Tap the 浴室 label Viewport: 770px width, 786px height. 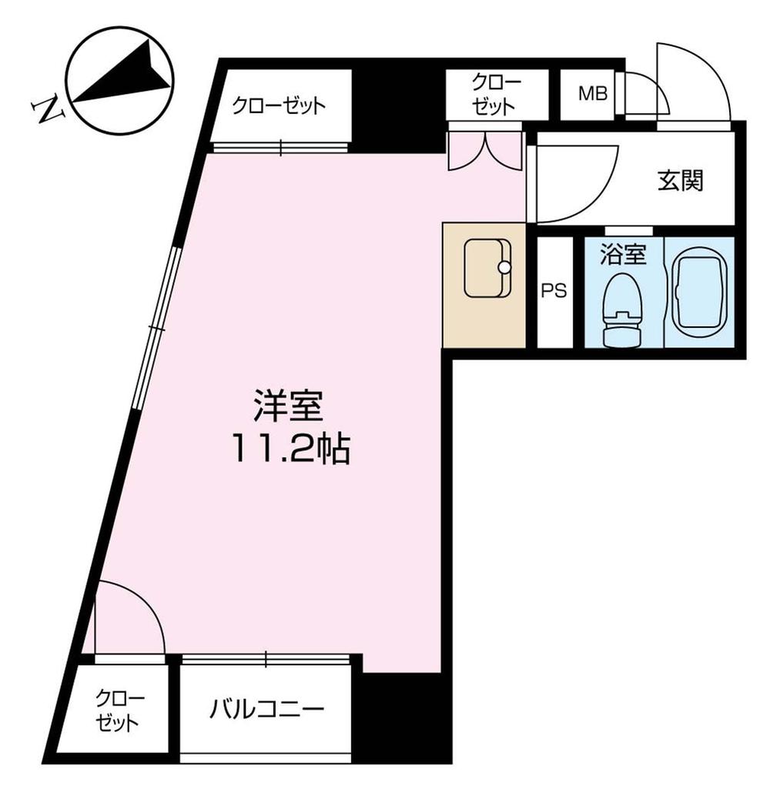tap(621, 254)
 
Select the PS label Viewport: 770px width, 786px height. tap(554, 291)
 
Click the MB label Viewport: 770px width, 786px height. tap(593, 94)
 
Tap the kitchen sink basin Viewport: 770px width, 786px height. tap(487, 267)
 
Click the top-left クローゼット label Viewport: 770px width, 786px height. tap(280, 105)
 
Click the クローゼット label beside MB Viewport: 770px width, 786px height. tap(496, 94)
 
